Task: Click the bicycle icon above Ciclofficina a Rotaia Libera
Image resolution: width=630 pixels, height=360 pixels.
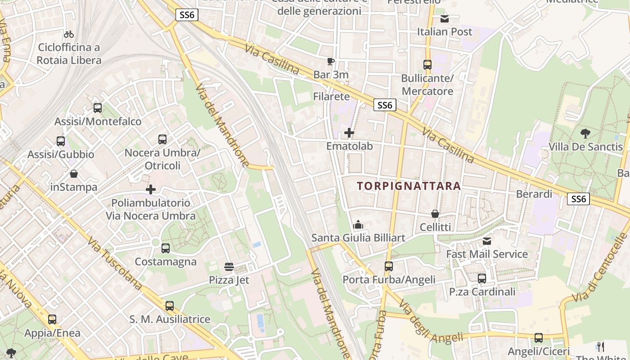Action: (x=69, y=34)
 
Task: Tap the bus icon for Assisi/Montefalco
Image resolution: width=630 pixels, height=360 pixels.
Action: (x=98, y=108)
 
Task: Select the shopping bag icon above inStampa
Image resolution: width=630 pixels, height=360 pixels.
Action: (x=74, y=174)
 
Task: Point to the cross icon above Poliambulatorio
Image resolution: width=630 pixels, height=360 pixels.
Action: (x=151, y=189)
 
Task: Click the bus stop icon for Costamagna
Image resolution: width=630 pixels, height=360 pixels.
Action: (x=166, y=248)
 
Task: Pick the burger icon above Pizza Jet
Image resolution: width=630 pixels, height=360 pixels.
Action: (x=229, y=267)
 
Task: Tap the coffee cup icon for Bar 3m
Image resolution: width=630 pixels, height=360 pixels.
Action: (x=331, y=61)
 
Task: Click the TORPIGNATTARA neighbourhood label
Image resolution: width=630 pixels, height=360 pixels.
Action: (x=409, y=186)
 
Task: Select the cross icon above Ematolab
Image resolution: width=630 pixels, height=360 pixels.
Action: (x=349, y=133)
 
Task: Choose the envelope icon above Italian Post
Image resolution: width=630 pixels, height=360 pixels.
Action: (x=445, y=18)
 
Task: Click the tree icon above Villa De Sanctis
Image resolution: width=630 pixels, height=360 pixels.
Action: (x=585, y=133)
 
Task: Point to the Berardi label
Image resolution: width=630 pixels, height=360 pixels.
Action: (x=534, y=194)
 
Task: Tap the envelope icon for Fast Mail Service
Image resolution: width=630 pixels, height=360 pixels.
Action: (x=487, y=241)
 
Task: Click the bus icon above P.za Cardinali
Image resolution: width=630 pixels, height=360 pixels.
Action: (x=482, y=279)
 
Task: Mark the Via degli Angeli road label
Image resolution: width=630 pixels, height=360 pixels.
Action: (x=431, y=322)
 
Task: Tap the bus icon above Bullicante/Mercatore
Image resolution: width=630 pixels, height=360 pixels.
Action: (x=427, y=65)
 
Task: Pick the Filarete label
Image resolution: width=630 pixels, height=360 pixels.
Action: (x=331, y=96)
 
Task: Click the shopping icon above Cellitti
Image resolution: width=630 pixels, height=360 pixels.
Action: (x=435, y=214)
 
